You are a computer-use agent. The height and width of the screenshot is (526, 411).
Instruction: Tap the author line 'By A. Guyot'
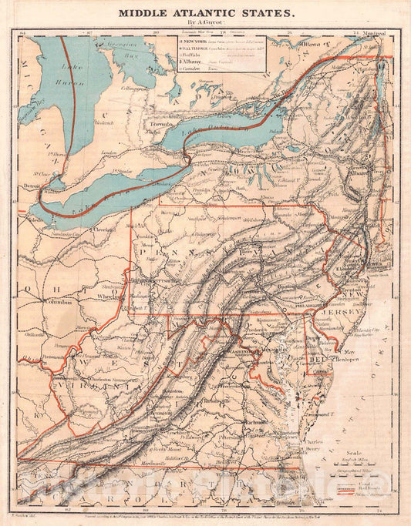click(205, 23)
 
